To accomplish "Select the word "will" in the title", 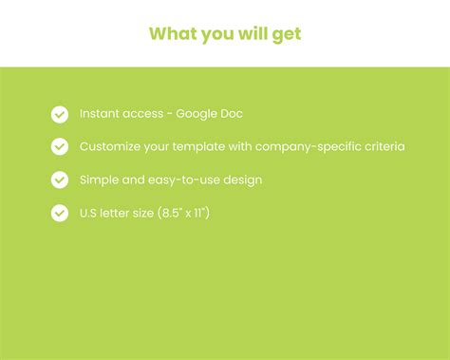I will [x=251, y=33].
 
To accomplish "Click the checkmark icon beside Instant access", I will [x=60, y=115].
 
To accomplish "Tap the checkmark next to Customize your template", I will [x=60, y=147].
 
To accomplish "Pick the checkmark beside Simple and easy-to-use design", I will [x=60, y=180].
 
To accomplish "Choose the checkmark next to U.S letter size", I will [x=60, y=213].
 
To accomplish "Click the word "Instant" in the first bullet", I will [x=100, y=114].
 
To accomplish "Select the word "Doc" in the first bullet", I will [x=231, y=114].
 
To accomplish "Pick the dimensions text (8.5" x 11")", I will [x=178, y=213].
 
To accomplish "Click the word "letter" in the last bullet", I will [x=120, y=213].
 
